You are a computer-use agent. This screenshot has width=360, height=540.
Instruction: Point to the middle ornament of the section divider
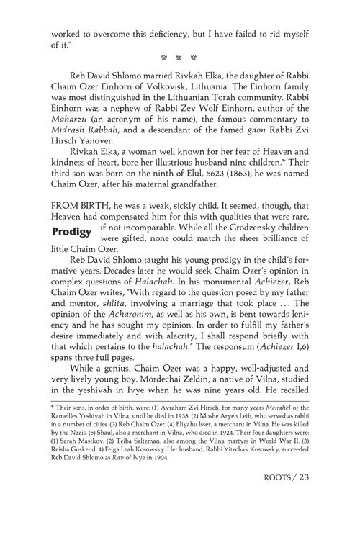pyautogui.click(x=179, y=55)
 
